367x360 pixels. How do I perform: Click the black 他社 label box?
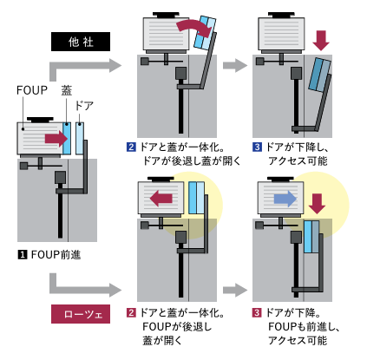(x=81, y=42)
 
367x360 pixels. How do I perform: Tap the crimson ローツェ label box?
(x=81, y=314)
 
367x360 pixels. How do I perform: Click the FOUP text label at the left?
(x=32, y=90)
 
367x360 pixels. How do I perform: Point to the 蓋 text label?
(x=67, y=90)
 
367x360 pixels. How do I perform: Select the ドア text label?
(x=84, y=106)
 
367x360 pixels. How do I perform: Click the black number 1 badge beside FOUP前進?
(x=23, y=255)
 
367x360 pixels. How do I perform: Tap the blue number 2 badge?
(x=131, y=147)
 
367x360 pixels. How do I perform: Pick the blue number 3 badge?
(x=257, y=147)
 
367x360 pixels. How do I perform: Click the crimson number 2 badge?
(x=131, y=312)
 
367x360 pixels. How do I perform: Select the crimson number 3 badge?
(x=257, y=312)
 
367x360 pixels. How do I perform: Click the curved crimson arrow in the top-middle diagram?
(x=193, y=23)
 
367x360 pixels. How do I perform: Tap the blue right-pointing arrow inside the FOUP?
(x=285, y=199)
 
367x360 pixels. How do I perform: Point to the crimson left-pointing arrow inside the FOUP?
(x=161, y=199)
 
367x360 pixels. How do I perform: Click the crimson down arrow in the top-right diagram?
(x=321, y=41)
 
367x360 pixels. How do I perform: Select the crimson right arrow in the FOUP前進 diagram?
(x=56, y=139)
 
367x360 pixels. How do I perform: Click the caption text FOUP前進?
(x=56, y=255)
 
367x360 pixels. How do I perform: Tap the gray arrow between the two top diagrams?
(x=235, y=65)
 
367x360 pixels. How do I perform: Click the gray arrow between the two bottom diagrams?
(x=235, y=290)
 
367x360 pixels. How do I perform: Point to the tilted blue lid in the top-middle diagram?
(x=205, y=33)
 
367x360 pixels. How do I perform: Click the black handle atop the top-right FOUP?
(x=281, y=15)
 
